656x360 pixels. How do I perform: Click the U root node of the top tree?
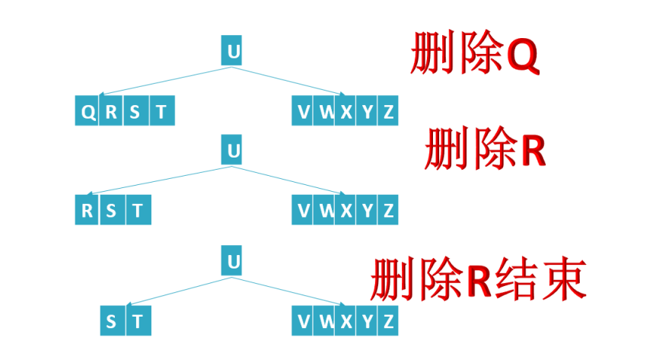(x=233, y=53)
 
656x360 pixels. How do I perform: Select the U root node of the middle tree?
(x=233, y=151)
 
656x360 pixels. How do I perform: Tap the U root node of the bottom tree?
(x=233, y=262)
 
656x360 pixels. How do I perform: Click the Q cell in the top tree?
(x=88, y=113)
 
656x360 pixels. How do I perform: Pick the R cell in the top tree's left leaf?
(x=111, y=113)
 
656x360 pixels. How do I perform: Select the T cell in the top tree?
(x=161, y=113)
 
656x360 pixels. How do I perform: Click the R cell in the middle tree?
(x=88, y=210)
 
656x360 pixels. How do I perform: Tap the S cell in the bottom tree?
(x=112, y=322)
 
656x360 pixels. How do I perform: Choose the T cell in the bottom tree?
(x=138, y=322)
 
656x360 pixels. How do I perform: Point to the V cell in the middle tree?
(x=304, y=210)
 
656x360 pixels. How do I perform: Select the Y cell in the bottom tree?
(x=368, y=322)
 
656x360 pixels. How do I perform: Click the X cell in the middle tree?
(x=346, y=210)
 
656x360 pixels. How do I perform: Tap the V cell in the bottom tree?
(x=304, y=322)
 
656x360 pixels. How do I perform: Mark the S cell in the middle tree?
(x=112, y=210)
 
